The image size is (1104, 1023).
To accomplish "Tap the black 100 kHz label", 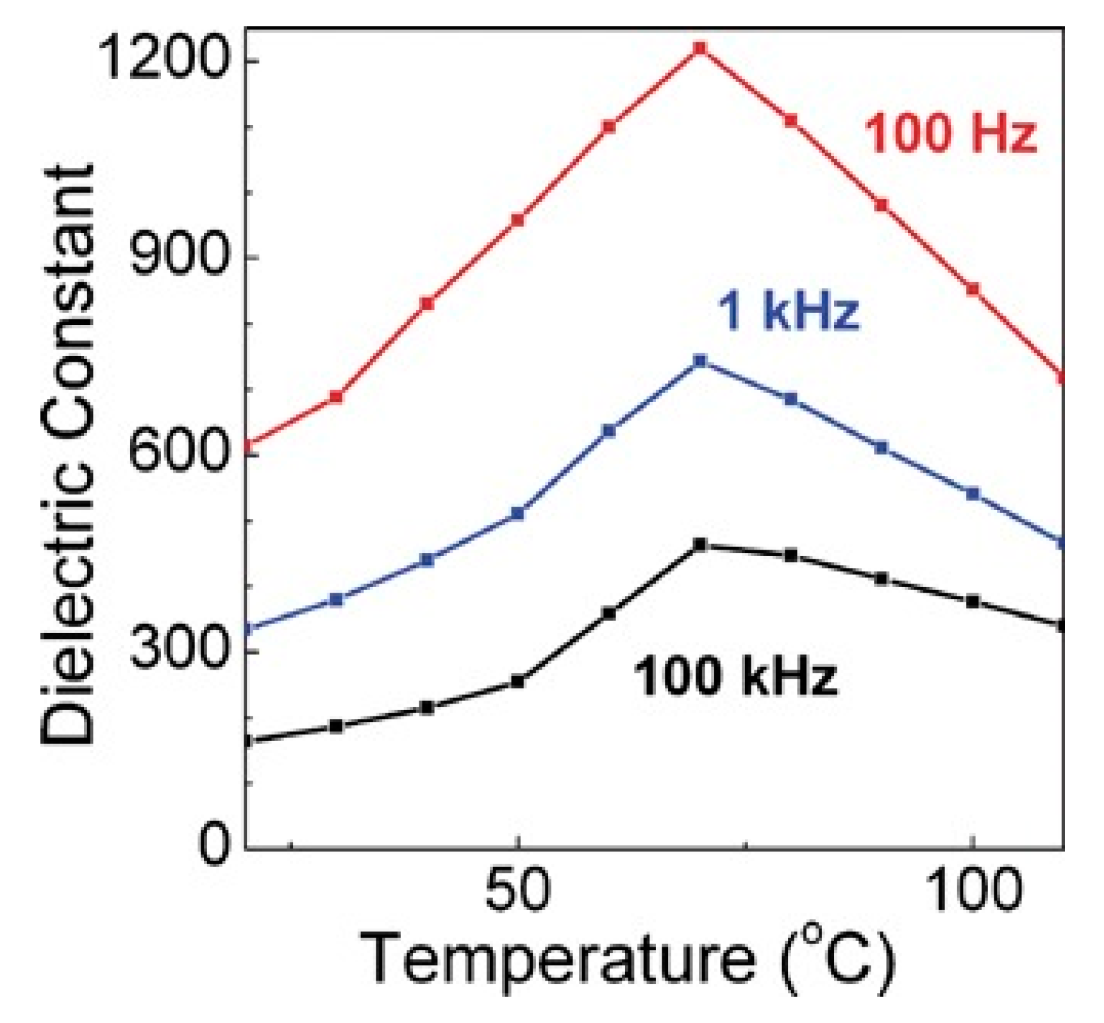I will click(736, 677).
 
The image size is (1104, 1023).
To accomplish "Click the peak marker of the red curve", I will click(700, 48).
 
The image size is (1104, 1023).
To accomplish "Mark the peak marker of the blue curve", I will click(700, 361).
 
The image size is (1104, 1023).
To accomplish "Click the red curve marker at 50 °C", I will click(517, 221).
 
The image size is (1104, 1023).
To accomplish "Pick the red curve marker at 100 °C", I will click(973, 289).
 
